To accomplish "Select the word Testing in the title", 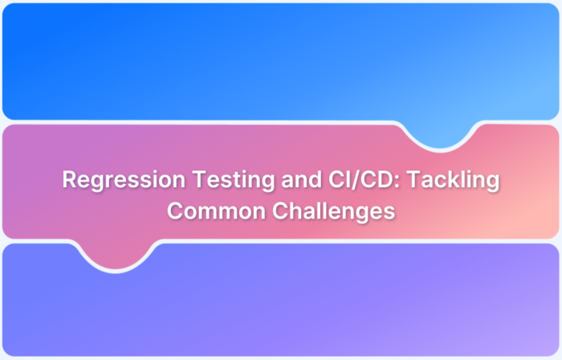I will [205, 181].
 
